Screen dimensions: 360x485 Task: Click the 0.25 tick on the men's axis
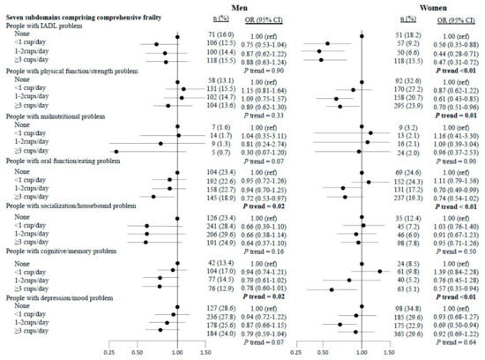coord(109,351)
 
